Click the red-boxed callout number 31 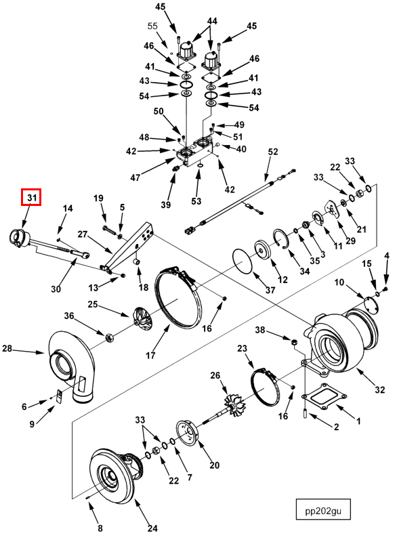(x=31, y=197)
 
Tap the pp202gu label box (x=323, y=509)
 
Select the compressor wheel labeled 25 (x=142, y=317)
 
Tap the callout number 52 (x=272, y=152)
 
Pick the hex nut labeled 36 (x=109, y=337)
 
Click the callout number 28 (x=7, y=348)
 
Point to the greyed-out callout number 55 (x=152, y=26)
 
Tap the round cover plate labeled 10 (x=371, y=304)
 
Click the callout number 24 (x=152, y=528)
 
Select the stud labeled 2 (x=306, y=413)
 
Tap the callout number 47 (x=135, y=178)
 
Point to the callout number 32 (x=379, y=390)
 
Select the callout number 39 (x=166, y=205)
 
